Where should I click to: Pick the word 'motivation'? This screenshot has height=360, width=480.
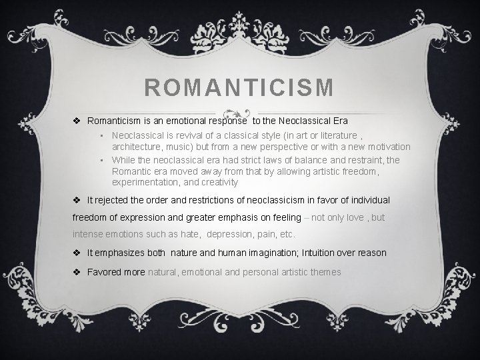385,146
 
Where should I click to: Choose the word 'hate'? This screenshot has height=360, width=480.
190,235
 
